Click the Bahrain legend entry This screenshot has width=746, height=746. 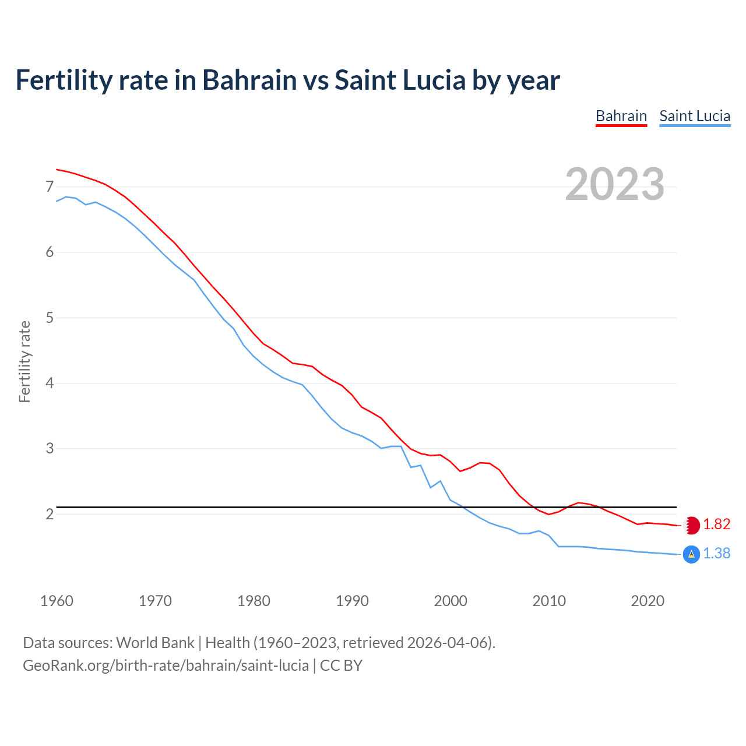[621, 116]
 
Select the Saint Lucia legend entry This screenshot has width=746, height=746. [695, 116]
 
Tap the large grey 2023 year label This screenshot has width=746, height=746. [614, 184]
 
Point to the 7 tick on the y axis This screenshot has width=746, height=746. [50, 187]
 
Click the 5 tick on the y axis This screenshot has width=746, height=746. [50, 318]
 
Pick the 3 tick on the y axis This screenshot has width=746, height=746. [50, 449]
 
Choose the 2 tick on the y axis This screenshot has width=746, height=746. [50, 514]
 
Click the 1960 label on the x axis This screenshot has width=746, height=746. [57, 601]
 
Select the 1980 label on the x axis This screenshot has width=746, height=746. [254, 601]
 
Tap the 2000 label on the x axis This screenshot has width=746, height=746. [451, 601]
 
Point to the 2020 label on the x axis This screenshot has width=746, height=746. [648, 601]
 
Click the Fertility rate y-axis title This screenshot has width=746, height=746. [24, 361]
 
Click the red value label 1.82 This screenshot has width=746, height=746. [716, 525]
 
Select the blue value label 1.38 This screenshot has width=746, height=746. [716, 554]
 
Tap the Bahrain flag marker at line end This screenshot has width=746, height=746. [691, 525]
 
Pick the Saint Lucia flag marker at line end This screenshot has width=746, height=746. [691, 554]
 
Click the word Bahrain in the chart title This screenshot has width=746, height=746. [249, 80]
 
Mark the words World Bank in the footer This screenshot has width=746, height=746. [155, 643]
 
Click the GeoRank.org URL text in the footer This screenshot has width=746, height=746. [166, 666]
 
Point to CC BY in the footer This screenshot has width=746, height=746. [341, 666]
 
